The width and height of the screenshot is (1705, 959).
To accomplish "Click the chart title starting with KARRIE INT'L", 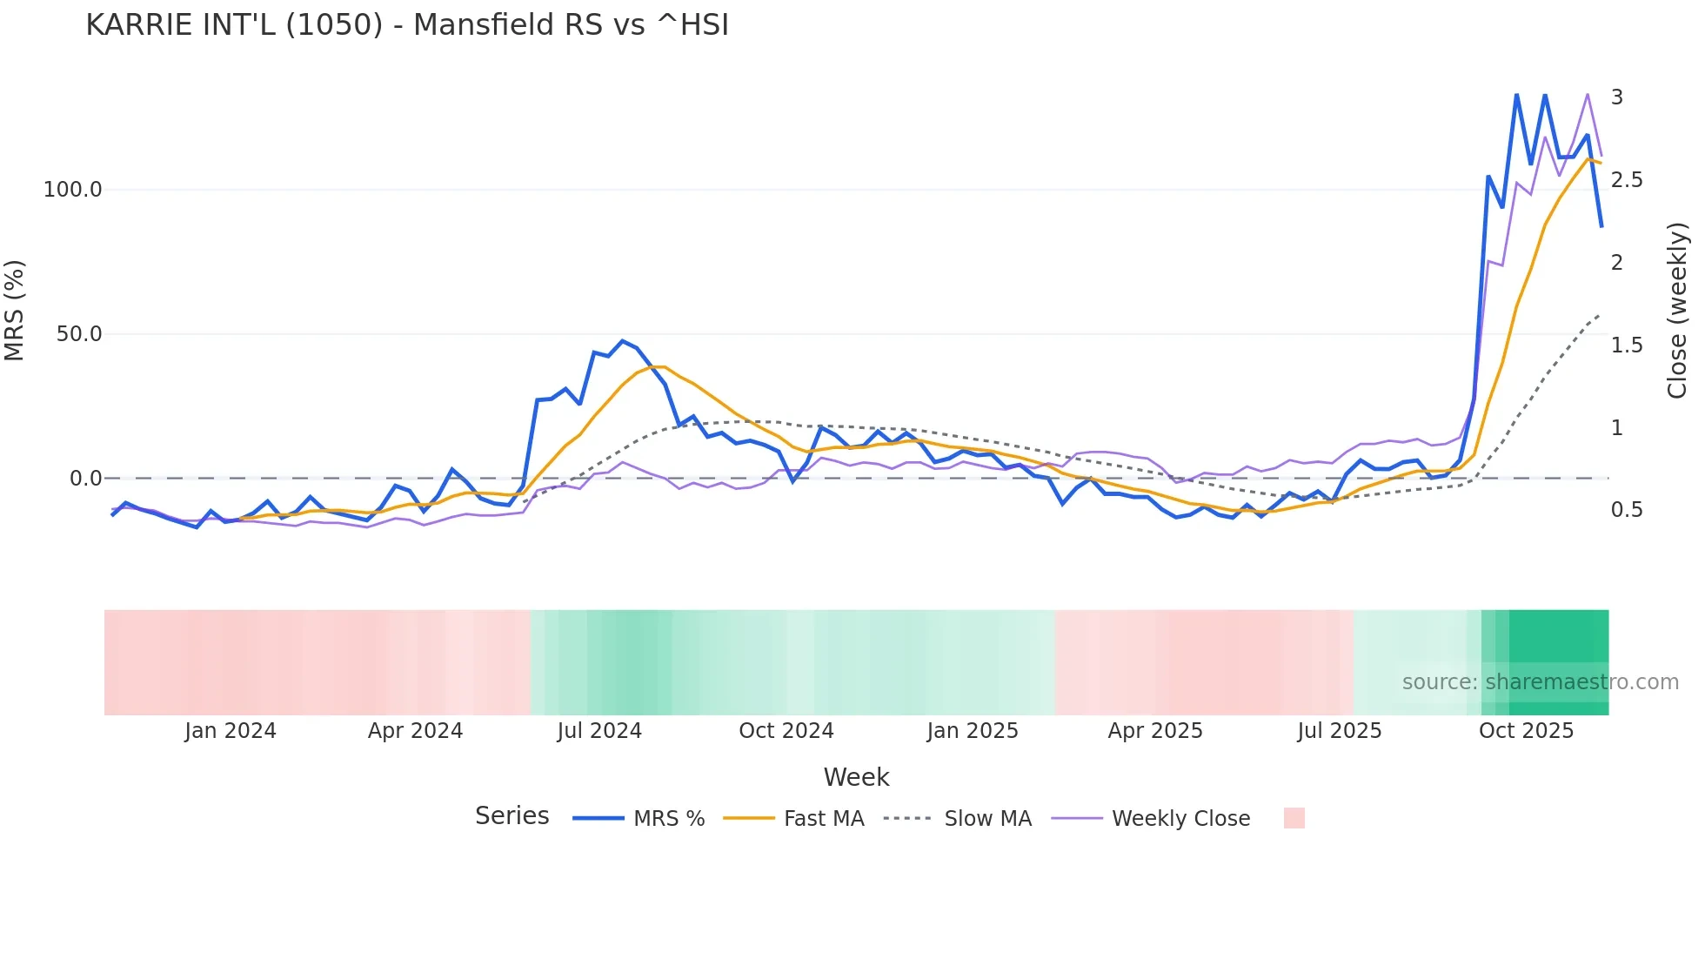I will tap(407, 25).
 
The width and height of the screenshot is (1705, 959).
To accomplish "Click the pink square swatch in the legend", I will tap(1294, 818).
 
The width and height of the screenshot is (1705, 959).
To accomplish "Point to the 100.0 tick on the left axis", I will tap(73, 190).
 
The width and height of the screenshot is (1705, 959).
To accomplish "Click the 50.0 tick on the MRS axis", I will tap(79, 334).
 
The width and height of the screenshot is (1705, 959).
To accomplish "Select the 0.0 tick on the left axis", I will tap(85, 479).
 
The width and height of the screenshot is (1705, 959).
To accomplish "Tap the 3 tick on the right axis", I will tap(1616, 97).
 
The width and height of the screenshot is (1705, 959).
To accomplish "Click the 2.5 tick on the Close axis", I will tap(1627, 180).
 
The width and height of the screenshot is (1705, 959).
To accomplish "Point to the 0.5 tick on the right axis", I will tap(1627, 510).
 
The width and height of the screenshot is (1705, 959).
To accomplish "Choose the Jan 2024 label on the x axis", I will tap(231, 731).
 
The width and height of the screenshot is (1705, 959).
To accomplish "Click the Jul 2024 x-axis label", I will tap(599, 731).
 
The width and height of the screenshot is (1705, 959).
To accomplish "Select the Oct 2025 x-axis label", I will tap(1526, 731).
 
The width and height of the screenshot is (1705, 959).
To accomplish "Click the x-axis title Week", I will tap(856, 777).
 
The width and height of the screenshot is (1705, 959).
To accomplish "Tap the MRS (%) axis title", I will tap(15, 310).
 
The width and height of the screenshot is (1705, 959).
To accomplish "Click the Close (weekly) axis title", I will tap(1677, 311).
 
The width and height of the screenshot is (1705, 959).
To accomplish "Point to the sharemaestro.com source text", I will tap(1540, 682).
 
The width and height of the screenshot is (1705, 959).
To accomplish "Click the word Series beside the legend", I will tap(512, 816).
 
